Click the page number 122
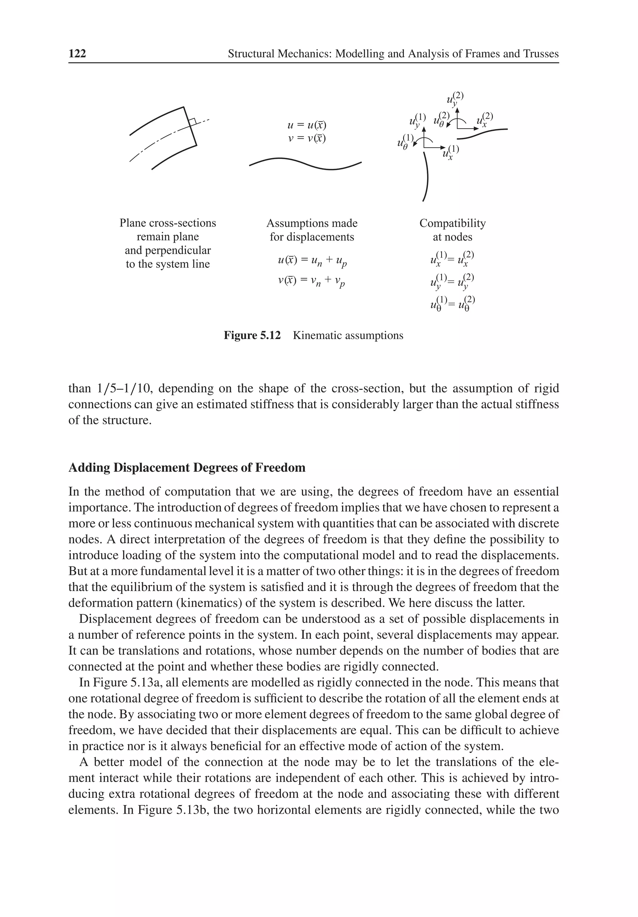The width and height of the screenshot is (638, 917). (77, 54)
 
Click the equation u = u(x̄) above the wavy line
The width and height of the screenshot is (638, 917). (307, 125)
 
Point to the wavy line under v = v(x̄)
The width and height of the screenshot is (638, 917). (305, 163)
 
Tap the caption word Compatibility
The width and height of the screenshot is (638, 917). (452, 223)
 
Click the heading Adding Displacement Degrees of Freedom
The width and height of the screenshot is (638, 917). (187, 467)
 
